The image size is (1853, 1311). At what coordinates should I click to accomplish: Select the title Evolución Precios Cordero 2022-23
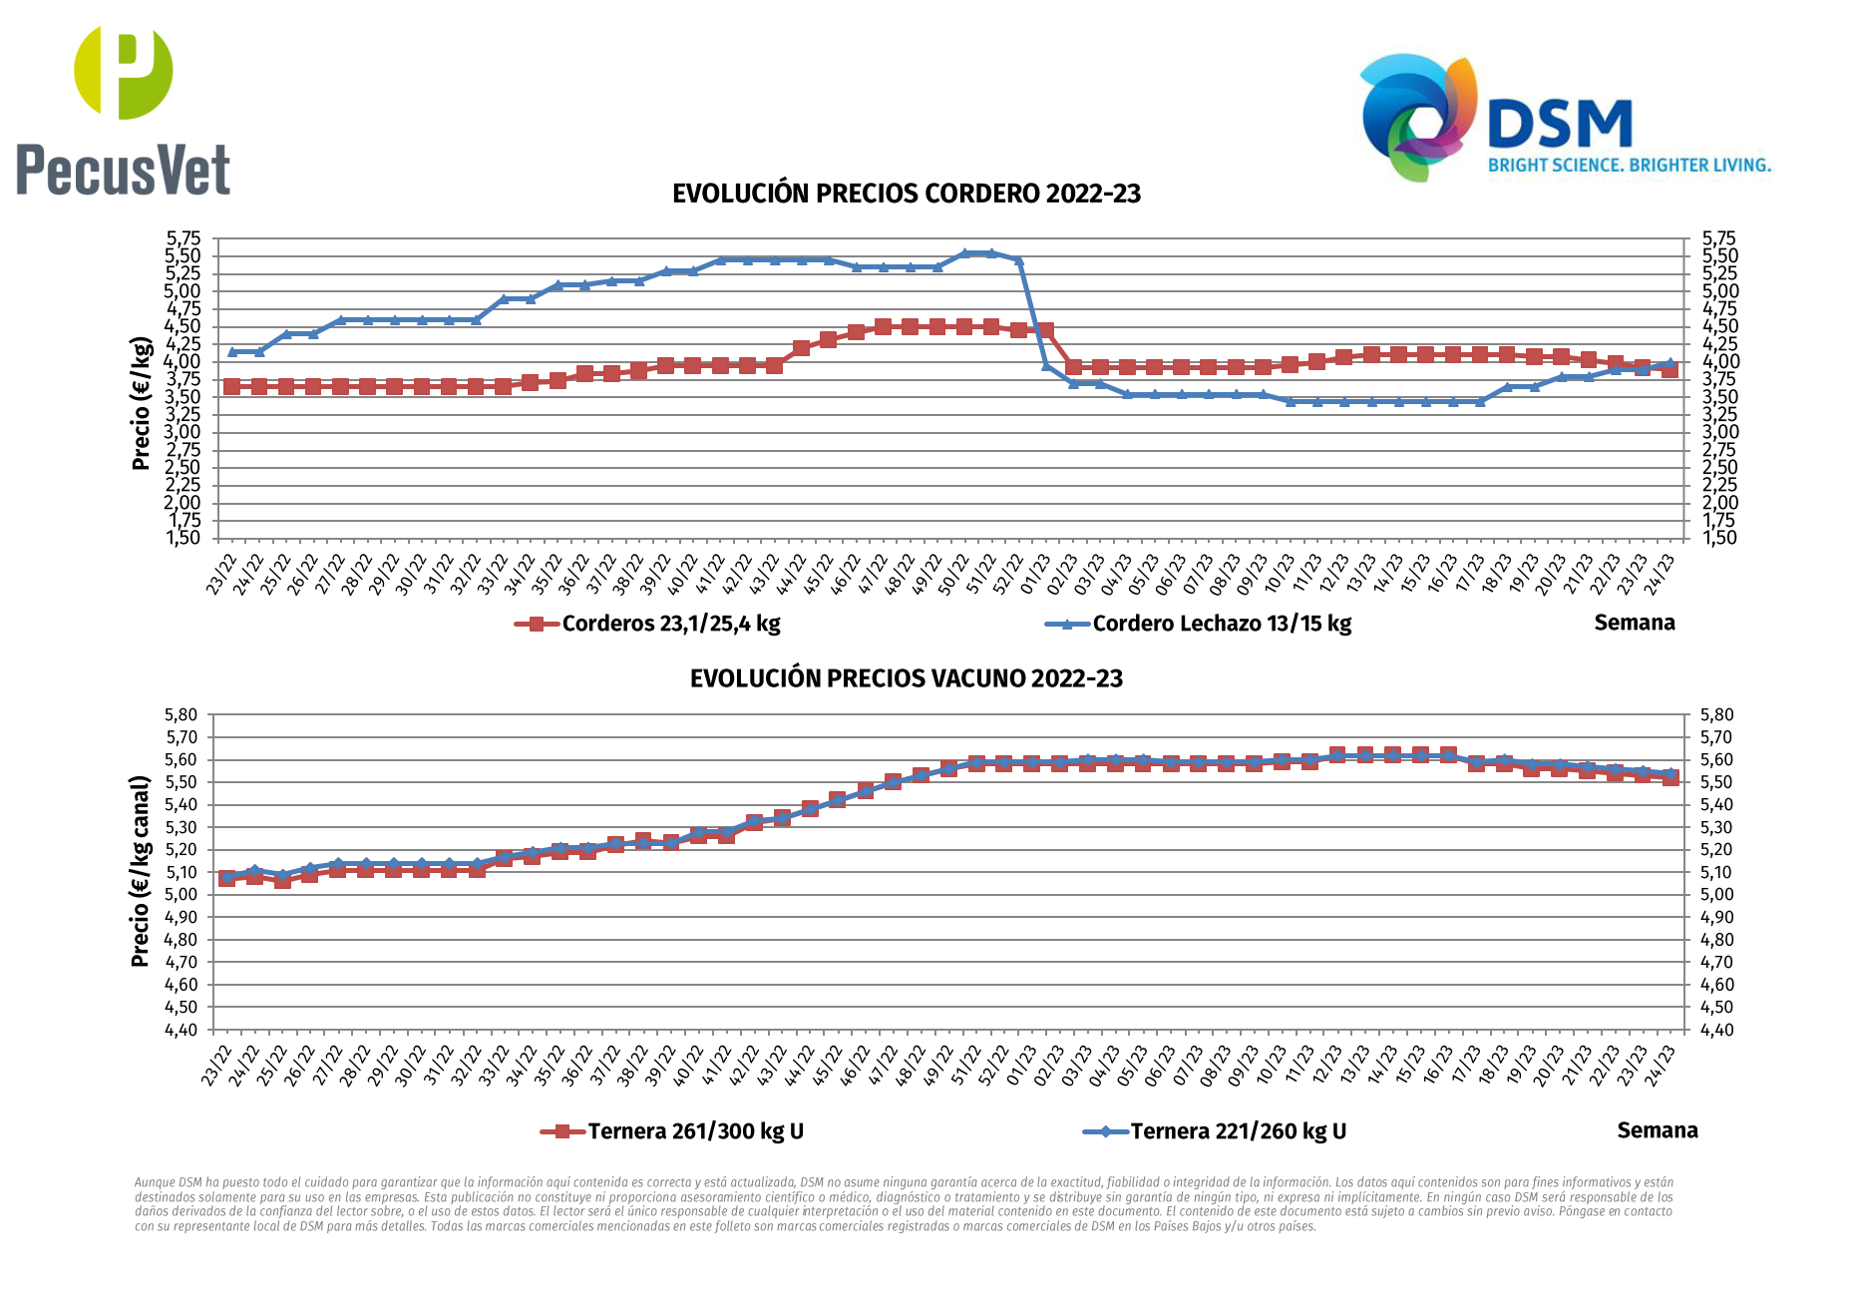[906, 194]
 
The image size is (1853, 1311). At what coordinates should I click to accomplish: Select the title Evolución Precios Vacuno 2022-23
[906, 678]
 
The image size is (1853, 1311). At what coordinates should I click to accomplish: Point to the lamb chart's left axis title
[141, 403]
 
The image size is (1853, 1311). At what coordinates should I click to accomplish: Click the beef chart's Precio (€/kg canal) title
[141, 871]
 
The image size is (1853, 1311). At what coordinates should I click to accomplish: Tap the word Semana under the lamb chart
[1634, 623]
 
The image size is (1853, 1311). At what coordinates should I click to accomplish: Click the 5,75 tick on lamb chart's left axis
[184, 238]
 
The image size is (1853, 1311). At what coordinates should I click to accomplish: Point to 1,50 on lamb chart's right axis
[1719, 538]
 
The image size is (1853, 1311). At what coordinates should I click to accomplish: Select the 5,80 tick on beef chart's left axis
[182, 714]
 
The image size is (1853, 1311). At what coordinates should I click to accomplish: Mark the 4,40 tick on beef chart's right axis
[1717, 1030]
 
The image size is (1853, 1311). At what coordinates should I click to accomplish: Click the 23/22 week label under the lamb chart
[221, 575]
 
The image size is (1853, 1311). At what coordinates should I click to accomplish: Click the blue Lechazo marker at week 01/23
[1045, 365]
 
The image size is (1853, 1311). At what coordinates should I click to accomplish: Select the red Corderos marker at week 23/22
[231, 386]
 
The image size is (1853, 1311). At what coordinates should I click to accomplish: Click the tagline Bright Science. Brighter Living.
[1629, 165]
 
